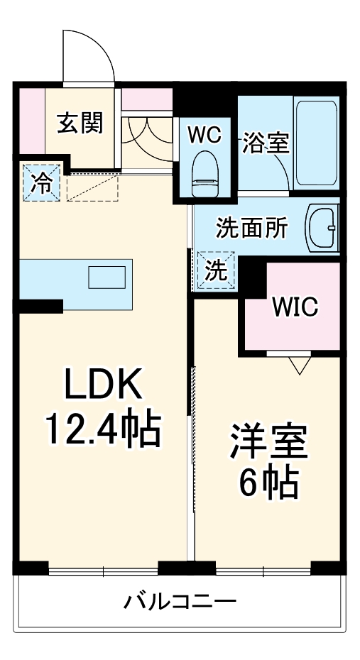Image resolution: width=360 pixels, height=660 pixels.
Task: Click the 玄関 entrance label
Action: point(80,123)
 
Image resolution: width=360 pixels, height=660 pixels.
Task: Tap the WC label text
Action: point(204,135)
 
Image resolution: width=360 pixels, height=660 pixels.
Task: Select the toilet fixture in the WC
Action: point(204,174)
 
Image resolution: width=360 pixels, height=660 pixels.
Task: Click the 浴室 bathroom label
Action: point(266,143)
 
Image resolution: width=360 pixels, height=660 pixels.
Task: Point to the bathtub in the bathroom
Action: point(317,143)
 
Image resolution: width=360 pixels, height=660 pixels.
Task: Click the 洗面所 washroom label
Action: point(252,228)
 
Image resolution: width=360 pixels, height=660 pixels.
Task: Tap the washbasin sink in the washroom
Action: point(323,228)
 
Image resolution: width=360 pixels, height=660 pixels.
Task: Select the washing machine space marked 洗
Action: point(216,270)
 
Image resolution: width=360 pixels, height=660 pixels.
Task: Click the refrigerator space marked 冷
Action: point(42,183)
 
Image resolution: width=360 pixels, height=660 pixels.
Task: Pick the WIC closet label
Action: point(295,307)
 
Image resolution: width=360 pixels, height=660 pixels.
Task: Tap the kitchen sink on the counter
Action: point(107,277)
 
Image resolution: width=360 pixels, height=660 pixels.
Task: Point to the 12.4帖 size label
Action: point(104,430)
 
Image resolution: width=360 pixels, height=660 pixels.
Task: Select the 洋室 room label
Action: point(268,442)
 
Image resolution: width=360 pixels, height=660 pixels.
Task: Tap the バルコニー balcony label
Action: point(180,602)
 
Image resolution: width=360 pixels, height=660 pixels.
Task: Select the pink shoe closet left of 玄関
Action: point(32,121)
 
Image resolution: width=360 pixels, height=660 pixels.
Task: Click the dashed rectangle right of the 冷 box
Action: point(92,189)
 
